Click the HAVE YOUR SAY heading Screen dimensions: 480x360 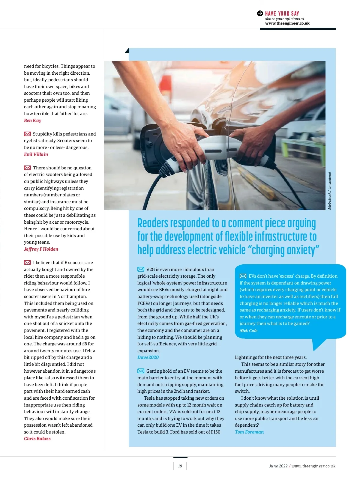click(x=282, y=13)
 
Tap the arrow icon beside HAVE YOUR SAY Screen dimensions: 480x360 click(x=260, y=13)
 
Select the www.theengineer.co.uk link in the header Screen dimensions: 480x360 click(x=287, y=23)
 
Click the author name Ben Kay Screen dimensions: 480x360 click(x=33, y=121)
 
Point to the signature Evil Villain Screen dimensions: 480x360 click(x=36, y=154)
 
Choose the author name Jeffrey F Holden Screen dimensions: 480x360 click(x=41, y=249)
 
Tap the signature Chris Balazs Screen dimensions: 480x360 click(x=37, y=439)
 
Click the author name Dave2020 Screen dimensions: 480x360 click(x=148, y=357)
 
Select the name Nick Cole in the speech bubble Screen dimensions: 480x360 click(x=248, y=330)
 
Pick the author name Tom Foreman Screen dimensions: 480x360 click(x=249, y=432)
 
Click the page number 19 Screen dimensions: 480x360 click(x=180, y=466)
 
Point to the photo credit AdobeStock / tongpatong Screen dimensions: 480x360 click(x=329, y=191)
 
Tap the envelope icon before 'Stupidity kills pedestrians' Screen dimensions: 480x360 click(x=27, y=134)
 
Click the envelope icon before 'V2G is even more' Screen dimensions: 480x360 click(x=141, y=269)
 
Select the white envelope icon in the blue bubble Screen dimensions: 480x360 click(x=243, y=276)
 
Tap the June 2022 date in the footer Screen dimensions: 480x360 click(x=278, y=466)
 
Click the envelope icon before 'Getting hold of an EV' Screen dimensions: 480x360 click(x=141, y=371)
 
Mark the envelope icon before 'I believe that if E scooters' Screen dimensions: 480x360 click(x=27, y=262)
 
